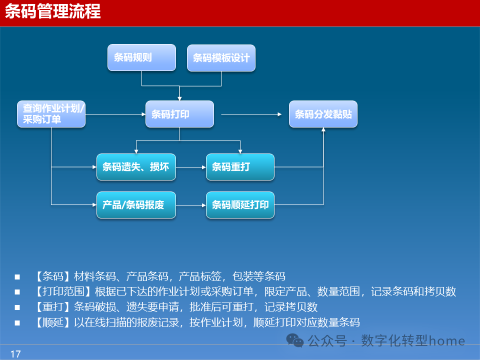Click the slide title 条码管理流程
53,11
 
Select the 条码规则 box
141,57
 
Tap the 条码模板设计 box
221,57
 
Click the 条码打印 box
179,114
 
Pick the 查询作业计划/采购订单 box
51,114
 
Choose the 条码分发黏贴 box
323,114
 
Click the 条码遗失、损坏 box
136,167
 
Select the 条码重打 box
240,167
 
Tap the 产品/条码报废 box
136,205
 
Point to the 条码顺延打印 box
240,205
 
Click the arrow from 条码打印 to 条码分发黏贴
251,114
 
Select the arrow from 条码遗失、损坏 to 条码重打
191,167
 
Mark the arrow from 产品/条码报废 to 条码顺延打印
191,205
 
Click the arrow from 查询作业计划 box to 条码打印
115,114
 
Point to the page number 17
15,354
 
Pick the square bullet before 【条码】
17,276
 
